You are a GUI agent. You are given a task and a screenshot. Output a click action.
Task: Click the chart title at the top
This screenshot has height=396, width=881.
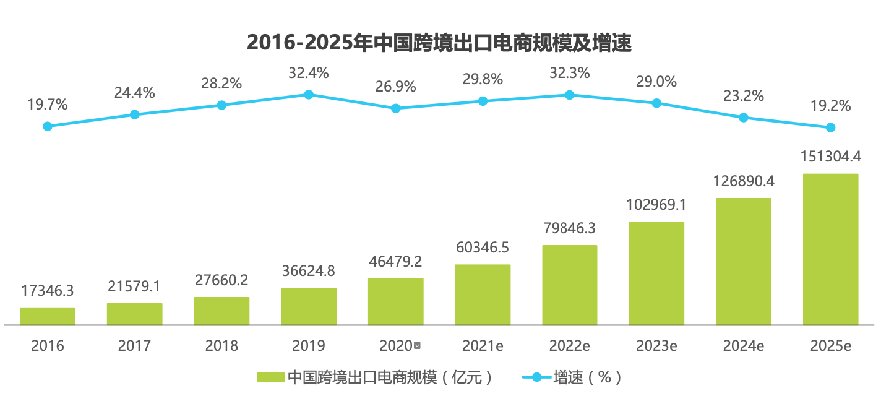(439, 43)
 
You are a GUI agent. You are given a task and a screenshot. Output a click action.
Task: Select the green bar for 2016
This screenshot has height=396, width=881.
(48, 316)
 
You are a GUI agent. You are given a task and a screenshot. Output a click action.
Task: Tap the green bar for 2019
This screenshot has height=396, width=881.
(309, 306)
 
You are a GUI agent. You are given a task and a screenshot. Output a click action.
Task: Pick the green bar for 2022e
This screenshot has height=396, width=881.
(570, 285)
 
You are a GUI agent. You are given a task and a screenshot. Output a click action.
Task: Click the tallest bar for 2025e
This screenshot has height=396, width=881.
(830, 249)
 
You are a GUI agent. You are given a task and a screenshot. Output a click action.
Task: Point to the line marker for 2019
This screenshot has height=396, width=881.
(309, 95)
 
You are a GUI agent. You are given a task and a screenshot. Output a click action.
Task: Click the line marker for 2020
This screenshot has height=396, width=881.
(396, 108)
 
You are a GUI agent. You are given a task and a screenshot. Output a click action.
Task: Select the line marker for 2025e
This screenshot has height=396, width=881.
(830, 127)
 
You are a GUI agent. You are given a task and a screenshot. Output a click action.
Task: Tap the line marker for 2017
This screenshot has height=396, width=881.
(135, 114)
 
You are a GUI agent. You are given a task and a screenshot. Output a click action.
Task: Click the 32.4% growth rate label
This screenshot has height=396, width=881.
(309, 73)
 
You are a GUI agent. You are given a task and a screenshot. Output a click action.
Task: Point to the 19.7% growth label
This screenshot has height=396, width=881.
(48, 105)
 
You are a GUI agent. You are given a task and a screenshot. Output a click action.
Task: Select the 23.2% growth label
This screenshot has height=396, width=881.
(744, 96)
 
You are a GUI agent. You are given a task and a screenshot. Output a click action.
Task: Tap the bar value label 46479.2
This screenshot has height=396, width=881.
(396, 262)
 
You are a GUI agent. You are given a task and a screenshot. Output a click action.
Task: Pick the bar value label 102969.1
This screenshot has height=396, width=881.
(656, 205)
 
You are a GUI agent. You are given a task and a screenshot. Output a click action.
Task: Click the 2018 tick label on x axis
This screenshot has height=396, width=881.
(221, 346)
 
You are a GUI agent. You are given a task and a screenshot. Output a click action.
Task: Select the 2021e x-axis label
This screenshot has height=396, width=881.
(483, 346)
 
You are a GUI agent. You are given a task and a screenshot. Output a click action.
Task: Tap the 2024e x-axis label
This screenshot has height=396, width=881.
(744, 346)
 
